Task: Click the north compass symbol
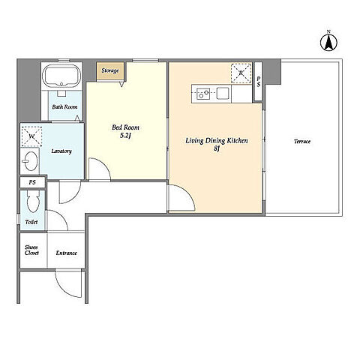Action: click(328, 41)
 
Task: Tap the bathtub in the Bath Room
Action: click(61, 76)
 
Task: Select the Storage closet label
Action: click(110, 70)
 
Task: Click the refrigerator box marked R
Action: click(241, 73)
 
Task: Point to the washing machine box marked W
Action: click(31, 136)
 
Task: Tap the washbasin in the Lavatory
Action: click(30, 161)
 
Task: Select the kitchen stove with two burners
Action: click(203, 94)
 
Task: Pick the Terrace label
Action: click(302, 142)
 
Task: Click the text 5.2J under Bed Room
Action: click(125, 136)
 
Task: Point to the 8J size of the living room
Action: click(217, 149)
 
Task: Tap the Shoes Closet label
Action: click(31, 250)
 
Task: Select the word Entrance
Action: click(66, 253)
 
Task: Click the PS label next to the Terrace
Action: click(258, 82)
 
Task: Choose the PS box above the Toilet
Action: click(32, 182)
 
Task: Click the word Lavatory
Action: click(61, 151)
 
